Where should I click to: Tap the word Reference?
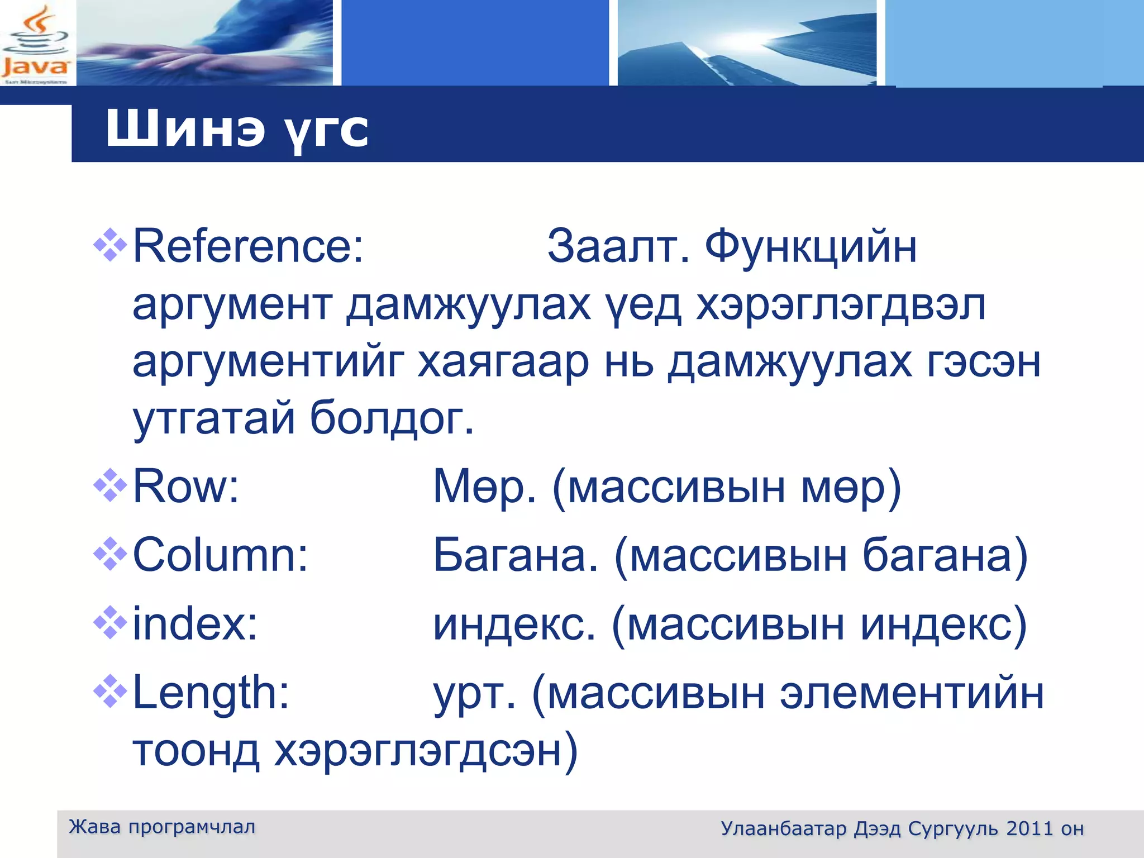coord(248,246)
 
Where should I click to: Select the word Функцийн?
coord(811,246)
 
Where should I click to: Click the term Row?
coord(186,487)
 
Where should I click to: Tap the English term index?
coord(195,624)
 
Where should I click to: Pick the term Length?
coord(211,693)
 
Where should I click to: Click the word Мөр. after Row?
coord(485,487)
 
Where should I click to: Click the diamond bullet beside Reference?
coord(110,245)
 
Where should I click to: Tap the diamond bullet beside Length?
coord(110,691)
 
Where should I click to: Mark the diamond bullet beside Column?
coord(110,554)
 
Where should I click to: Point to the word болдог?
coord(392,418)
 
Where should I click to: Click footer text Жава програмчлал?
coord(162,827)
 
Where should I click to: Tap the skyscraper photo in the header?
coord(747,43)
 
